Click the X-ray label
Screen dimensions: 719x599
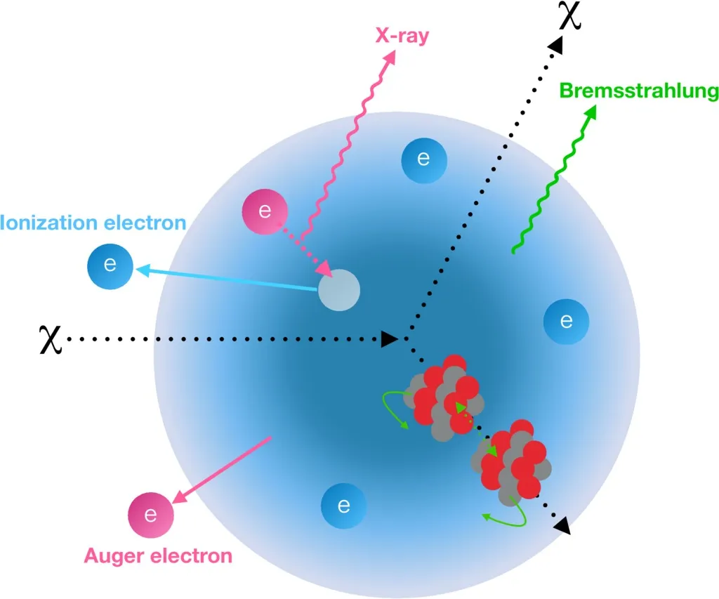click(x=402, y=35)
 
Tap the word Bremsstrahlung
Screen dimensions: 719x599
click(x=639, y=91)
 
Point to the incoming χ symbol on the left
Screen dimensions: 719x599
click(x=50, y=340)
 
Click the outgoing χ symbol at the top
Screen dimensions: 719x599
click(x=570, y=15)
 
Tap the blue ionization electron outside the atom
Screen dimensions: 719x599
click(x=110, y=266)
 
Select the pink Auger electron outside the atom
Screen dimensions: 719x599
click(x=151, y=515)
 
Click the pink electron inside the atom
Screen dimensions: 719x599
click(x=265, y=211)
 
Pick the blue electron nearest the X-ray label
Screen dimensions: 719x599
click(x=423, y=161)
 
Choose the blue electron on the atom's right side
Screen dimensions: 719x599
click(x=567, y=322)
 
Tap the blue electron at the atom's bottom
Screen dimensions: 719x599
click(x=343, y=506)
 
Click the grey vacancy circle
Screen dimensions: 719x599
click(x=339, y=290)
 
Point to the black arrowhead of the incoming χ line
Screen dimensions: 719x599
click(x=390, y=339)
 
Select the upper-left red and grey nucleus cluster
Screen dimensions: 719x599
click(x=444, y=398)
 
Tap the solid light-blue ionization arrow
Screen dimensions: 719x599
click(x=227, y=278)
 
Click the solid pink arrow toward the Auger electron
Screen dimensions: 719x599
click(x=222, y=470)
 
